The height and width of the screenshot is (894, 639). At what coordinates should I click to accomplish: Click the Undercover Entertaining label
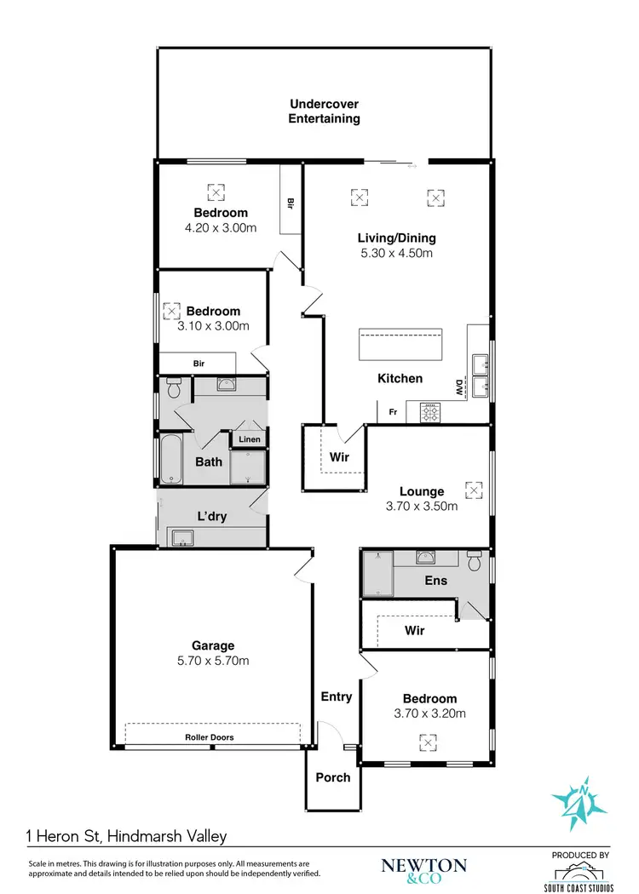tap(324, 112)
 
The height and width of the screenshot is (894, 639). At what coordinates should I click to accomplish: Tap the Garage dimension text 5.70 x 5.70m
tap(213, 661)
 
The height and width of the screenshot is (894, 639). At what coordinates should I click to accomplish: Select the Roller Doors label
tap(210, 737)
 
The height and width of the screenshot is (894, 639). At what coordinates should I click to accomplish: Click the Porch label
tap(332, 777)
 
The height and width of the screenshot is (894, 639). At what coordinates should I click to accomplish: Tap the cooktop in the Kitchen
tap(430, 414)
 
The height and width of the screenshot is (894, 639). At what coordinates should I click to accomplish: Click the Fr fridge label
tap(392, 412)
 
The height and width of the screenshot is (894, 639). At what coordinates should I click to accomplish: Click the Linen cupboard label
tap(250, 439)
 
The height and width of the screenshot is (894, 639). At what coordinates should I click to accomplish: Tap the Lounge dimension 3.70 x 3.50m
tap(421, 506)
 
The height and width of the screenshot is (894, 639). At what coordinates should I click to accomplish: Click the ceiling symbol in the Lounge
tap(473, 490)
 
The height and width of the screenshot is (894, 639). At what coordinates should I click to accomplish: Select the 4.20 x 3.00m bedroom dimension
tap(221, 227)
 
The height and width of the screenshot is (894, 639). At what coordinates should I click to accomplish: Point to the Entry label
tap(336, 696)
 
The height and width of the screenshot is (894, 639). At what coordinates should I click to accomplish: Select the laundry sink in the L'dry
tap(181, 536)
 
